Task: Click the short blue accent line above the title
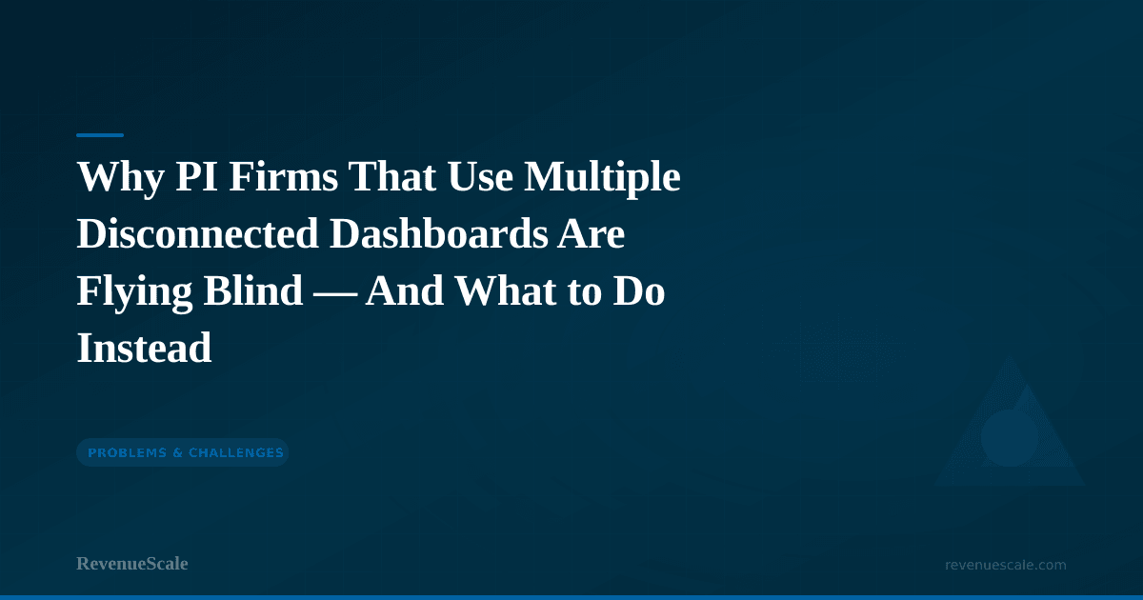[x=100, y=135]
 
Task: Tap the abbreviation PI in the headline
[x=197, y=176]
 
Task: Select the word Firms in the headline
[x=283, y=176]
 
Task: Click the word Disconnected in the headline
[x=198, y=233]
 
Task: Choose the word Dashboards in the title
[x=438, y=233]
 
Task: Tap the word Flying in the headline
[x=134, y=291]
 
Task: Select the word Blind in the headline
[x=253, y=290]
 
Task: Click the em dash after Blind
[x=334, y=295]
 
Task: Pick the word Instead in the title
[x=144, y=348]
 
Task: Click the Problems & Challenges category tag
[x=183, y=452]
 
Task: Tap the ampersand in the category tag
[x=177, y=452]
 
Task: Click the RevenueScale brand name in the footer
[x=132, y=564]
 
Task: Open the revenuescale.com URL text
[x=1005, y=565]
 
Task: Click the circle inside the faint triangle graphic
[x=1009, y=438]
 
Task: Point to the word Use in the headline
[x=480, y=176]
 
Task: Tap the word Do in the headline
[x=639, y=290]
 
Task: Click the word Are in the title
[x=591, y=234]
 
